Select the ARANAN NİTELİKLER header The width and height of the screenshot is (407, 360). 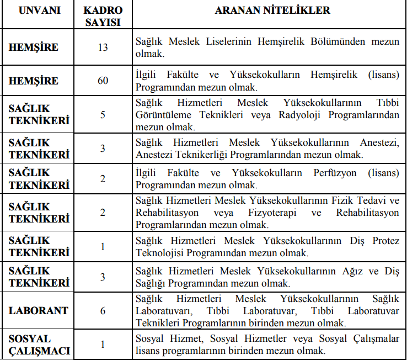click(269, 10)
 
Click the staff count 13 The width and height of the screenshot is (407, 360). click(103, 47)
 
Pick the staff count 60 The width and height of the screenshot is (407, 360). click(103, 81)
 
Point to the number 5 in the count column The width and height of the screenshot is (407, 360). click(103, 115)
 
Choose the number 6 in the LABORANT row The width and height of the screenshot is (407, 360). click(103, 311)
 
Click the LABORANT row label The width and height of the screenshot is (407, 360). click(39, 311)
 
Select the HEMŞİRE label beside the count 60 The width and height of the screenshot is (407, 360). click(34, 81)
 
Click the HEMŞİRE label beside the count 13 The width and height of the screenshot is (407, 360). click(34, 47)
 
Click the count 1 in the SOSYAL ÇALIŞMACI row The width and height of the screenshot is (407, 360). click(103, 345)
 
